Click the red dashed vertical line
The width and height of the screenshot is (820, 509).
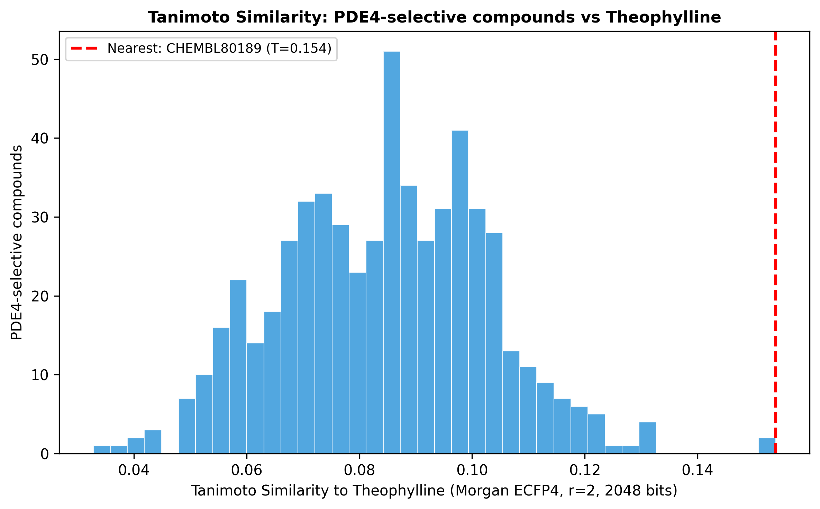(775, 243)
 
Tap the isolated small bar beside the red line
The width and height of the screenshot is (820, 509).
(766, 446)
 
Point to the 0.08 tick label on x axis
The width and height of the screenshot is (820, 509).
(359, 470)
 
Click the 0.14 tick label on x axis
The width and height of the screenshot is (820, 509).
(697, 470)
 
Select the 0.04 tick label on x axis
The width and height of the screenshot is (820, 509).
(134, 470)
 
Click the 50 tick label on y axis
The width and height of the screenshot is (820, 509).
(39, 60)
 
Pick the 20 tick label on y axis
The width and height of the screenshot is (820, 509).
(39, 296)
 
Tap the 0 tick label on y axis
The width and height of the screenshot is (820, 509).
(45, 454)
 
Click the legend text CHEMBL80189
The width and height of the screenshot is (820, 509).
(214, 49)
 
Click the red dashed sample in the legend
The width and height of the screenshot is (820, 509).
(84, 49)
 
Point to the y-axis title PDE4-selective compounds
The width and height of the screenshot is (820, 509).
(17, 243)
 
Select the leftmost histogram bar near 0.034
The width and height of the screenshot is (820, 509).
(102, 450)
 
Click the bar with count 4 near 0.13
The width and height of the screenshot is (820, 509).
(647, 438)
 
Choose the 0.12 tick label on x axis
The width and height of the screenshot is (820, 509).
(585, 470)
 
